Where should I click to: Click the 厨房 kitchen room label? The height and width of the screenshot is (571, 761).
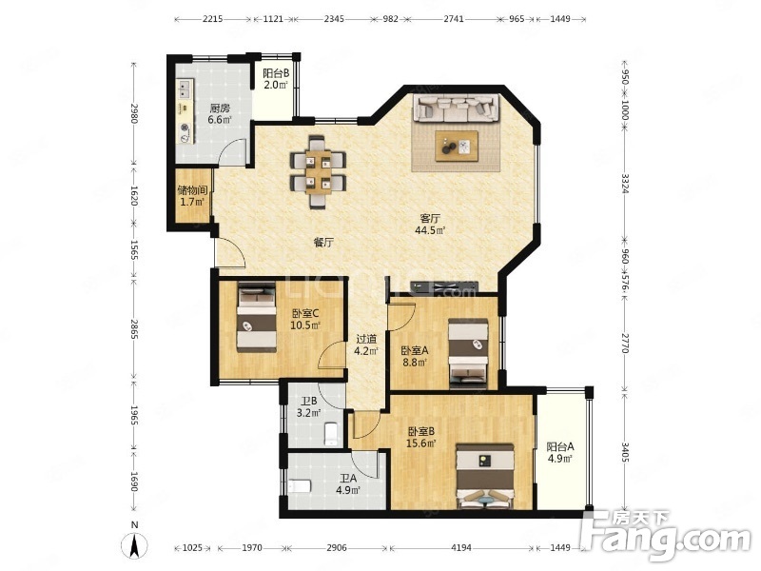[220, 108]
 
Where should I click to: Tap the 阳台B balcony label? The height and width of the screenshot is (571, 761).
[276, 73]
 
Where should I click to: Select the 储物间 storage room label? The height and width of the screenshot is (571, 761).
[192, 189]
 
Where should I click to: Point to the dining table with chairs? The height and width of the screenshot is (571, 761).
[318, 172]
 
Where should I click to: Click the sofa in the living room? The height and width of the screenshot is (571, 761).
[456, 108]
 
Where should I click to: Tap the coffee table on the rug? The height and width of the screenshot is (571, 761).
[457, 146]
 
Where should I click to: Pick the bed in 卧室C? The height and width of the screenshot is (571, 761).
[257, 318]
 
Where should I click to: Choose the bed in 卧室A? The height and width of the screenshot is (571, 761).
[468, 354]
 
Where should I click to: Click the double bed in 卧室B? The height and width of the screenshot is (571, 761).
[485, 476]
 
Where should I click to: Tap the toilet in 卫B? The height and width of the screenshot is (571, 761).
[331, 434]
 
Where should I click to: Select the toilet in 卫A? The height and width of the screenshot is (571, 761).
[300, 486]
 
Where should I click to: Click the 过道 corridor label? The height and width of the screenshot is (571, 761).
[366, 339]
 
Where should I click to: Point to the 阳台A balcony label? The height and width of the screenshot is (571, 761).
[560, 446]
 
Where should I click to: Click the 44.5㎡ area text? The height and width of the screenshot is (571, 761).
[430, 230]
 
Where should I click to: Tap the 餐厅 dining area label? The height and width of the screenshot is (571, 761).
[323, 243]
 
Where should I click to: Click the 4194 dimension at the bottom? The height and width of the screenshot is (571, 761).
[461, 548]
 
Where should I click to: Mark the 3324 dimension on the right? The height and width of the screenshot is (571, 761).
[625, 184]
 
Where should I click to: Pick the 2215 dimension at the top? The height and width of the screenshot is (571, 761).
[212, 19]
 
